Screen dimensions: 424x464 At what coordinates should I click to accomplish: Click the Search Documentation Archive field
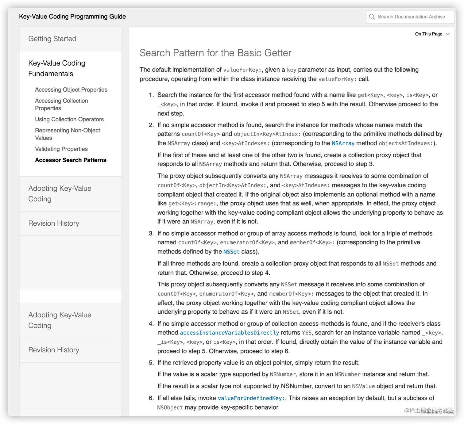pyautogui.click(x=411, y=17)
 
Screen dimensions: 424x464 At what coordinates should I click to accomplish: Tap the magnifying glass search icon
pyautogui.click(x=372, y=17)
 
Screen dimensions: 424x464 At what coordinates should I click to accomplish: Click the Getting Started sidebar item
pyautogui.click(x=52, y=39)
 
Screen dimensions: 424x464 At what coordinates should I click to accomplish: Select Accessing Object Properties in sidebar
pyautogui.click(x=71, y=90)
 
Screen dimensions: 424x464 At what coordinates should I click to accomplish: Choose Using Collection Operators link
pyautogui.click(x=69, y=119)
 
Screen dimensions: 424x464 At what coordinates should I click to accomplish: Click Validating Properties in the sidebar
pyautogui.click(x=61, y=149)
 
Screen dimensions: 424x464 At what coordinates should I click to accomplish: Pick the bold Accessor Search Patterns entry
pyautogui.click(x=71, y=160)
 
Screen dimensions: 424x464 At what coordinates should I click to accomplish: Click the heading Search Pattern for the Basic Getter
pyautogui.click(x=215, y=53)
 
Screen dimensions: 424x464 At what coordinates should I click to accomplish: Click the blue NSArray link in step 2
pyautogui.click(x=343, y=143)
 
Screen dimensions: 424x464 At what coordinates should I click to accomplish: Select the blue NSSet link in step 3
pyautogui.click(x=231, y=252)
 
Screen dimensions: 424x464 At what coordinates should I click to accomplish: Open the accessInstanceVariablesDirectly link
pyautogui.click(x=230, y=333)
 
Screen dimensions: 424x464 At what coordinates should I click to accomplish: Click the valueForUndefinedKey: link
pyautogui.click(x=251, y=398)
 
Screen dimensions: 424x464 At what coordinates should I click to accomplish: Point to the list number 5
pyautogui.click(x=151, y=363)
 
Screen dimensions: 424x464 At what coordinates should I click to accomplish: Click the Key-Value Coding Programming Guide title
pyautogui.click(x=72, y=17)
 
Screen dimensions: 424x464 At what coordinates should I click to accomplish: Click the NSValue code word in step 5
pyautogui.click(x=363, y=386)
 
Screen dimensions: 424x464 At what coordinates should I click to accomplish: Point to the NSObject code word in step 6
pyautogui.click(x=170, y=407)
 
